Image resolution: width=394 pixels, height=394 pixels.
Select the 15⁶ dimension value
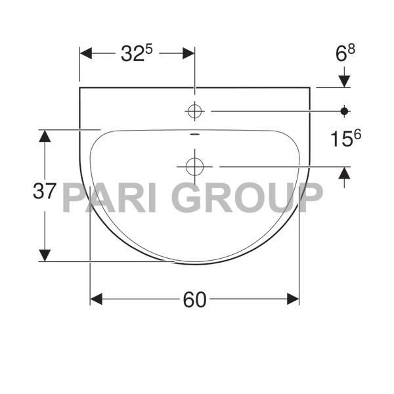346,139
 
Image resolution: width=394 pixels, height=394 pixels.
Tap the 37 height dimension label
44,192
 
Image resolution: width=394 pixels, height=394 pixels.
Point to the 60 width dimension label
194,300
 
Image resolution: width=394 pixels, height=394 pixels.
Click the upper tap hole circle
194,112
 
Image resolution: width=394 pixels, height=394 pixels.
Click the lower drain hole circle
194,167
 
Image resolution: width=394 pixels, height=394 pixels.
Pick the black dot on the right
344,112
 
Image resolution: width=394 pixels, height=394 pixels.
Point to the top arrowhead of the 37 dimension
44,136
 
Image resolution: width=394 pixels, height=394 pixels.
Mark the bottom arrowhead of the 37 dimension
44,255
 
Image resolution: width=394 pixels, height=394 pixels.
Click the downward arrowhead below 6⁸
344,81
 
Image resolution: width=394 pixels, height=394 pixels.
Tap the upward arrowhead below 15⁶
344,173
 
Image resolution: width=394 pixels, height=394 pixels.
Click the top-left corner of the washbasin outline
79,87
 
